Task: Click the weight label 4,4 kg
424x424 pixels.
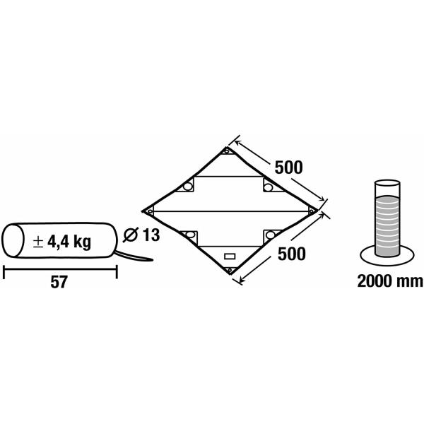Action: pyautogui.click(x=69, y=242)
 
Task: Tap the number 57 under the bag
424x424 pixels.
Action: pyautogui.click(x=59, y=282)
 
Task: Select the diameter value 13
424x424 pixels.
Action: pyautogui.click(x=151, y=235)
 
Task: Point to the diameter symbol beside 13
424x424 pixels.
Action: pyautogui.click(x=131, y=235)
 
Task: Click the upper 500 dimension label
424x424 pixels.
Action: pyautogui.click(x=288, y=167)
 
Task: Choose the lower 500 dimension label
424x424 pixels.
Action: pyautogui.click(x=291, y=254)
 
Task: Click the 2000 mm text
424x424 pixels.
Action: pyautogui.click(x=390, y=281)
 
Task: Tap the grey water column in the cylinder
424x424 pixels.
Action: pyautogui.click(x=387, y=225)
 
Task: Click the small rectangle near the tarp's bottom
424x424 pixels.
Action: pyautogui.click(x=230, y=256)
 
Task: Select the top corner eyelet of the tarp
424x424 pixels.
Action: pyautogui.click(x=227, y=151)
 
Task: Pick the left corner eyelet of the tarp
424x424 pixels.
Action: pyautogui.click(x=149, y=211)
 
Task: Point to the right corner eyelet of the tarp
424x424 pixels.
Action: pyautogui.click(x=311, y=211)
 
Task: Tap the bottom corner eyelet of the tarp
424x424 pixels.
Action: pyautogui.click(x=230, y=270)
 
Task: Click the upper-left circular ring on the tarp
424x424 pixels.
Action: pyautogui.click(x=187, y=187)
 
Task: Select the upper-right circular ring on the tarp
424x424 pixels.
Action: pyautogui.click(x=269, y=187)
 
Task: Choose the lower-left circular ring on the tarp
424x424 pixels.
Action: pyautogui.click(x=190, y=235)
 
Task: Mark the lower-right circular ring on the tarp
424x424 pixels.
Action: pyautogui.click(x=271, y=235)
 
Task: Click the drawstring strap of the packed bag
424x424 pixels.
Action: pyautogui.click(x=134, y=257)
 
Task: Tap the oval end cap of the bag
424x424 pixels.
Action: pyautogui.click(x=13, y=240)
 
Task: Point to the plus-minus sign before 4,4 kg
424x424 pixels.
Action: pyautogui.click(x=38, y=242)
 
